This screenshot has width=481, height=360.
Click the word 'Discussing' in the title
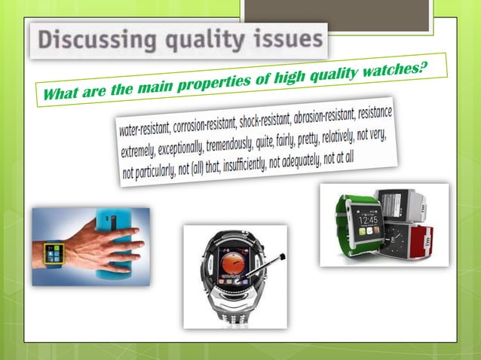[x=88, y=41]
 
